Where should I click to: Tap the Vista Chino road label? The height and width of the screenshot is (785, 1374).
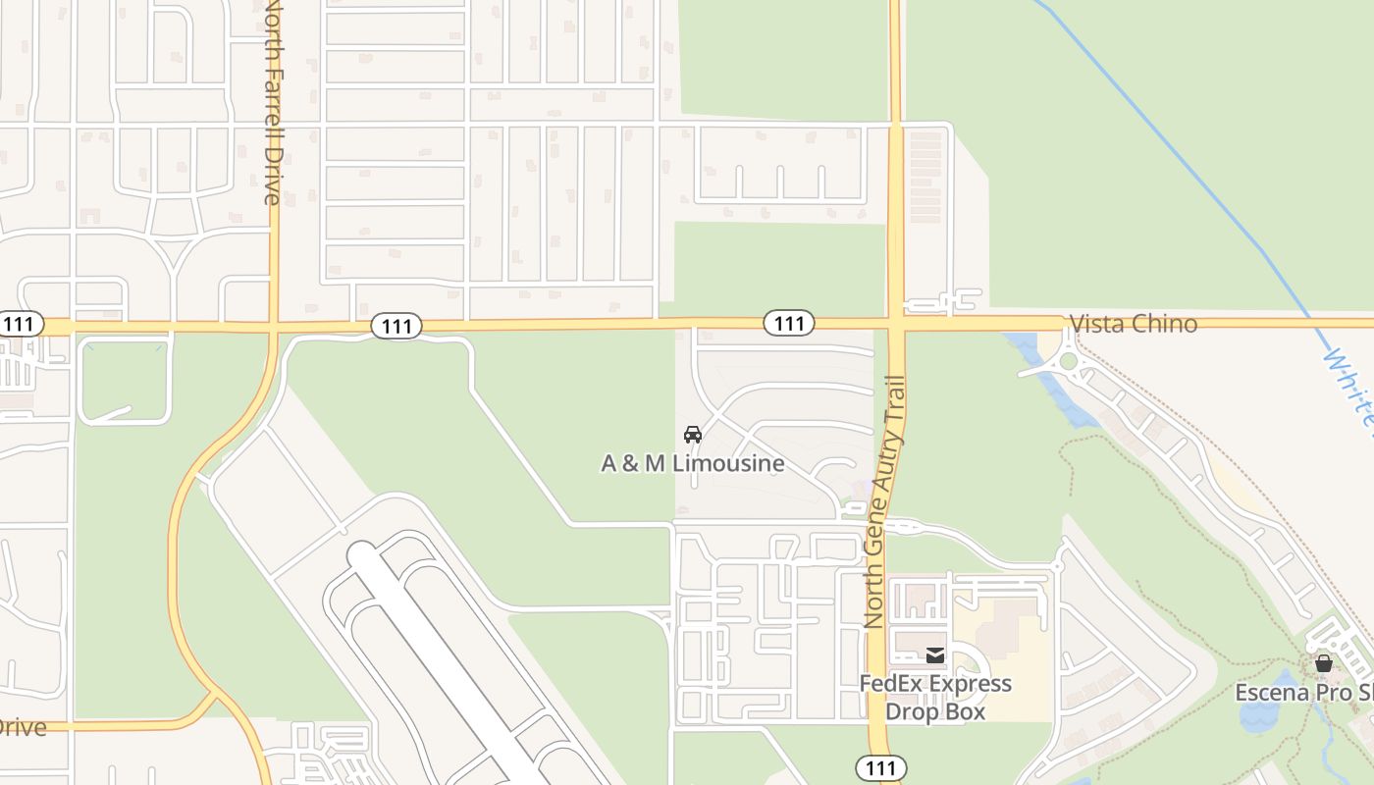click(x=1134, y=324)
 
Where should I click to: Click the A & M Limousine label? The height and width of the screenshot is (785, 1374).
click(x=693, y=463)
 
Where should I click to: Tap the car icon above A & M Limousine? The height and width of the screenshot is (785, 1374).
click(x=693, y=434)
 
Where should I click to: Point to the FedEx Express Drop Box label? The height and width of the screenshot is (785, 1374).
click(x=935, y=697)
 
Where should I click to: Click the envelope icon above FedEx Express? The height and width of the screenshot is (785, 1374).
click(x=935, y=654)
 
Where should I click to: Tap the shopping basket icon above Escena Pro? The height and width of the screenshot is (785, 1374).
click(x=1323, y=663)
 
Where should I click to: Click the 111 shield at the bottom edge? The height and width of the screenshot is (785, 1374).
click(x=880, y=767)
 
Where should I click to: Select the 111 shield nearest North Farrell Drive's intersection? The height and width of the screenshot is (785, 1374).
click(x=396, y=326)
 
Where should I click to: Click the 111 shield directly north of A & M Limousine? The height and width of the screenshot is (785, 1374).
click(x=789, y=323)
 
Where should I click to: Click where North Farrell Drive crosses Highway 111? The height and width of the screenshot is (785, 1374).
click(x=275, y=326)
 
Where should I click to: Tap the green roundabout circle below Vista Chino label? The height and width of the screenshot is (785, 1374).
click(x=1068, y=363)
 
